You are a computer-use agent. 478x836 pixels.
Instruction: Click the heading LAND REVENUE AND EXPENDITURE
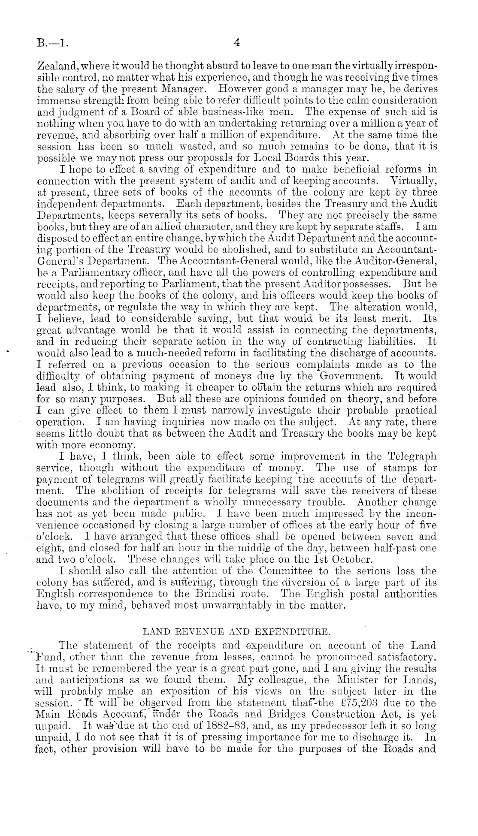tap(237, 631)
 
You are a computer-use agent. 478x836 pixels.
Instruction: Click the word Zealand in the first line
tap(57, 67)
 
